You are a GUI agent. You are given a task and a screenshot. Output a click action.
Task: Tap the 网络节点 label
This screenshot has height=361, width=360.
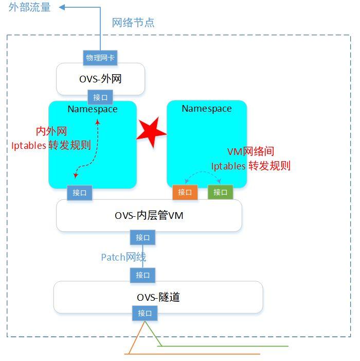coord(133,23)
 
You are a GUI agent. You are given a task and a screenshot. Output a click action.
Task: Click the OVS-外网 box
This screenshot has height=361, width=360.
coord(100,79)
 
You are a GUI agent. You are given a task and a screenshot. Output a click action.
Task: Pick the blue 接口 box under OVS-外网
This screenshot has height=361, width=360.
coord(100,97)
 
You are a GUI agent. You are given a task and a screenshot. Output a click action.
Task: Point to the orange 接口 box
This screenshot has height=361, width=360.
coord(185,192)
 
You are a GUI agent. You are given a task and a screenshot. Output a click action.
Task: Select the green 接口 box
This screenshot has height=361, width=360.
coord(220,192)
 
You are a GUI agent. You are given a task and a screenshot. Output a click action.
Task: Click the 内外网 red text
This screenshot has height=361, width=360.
coord(51,131)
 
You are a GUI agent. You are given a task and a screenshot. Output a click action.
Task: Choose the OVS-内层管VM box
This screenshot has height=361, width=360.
coord(149,216)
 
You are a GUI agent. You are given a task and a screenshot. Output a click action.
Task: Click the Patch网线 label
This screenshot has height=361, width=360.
coord(123,257)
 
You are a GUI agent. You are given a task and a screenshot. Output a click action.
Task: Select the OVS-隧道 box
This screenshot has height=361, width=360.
coord(158,297)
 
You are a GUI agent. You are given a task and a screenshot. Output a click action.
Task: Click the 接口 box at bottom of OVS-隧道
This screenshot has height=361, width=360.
coord(145,313)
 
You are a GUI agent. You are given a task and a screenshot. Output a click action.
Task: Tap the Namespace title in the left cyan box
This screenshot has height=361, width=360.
coord(93,109)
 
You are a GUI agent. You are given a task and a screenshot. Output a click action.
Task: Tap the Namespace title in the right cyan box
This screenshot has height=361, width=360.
coord(207,109)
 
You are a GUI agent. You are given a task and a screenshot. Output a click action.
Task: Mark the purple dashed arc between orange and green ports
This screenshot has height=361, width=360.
coord(203,175)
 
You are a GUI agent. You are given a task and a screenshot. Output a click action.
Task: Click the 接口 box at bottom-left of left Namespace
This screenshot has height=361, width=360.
coord(80,193)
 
